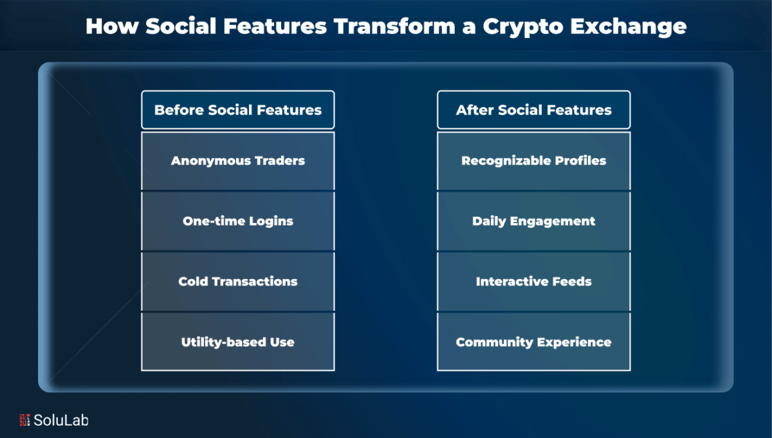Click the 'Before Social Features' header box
coord(238,110)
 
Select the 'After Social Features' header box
coord(534,110)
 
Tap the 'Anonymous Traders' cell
coord(238,161)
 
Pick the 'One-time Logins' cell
coord(238,221)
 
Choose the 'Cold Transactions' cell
coord(238,282)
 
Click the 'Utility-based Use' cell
coord(238,342)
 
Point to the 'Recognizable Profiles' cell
coord(534,161)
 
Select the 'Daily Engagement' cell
coord(534,221)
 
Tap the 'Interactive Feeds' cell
coord(534,282)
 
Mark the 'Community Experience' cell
coord(534,342)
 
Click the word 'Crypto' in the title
coord(523,27)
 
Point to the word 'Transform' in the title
coord(394,26)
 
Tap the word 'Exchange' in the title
coord(629,27)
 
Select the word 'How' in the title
coord(112,26)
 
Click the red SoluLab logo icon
coord(24,420)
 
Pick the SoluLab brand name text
coord(61,421)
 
